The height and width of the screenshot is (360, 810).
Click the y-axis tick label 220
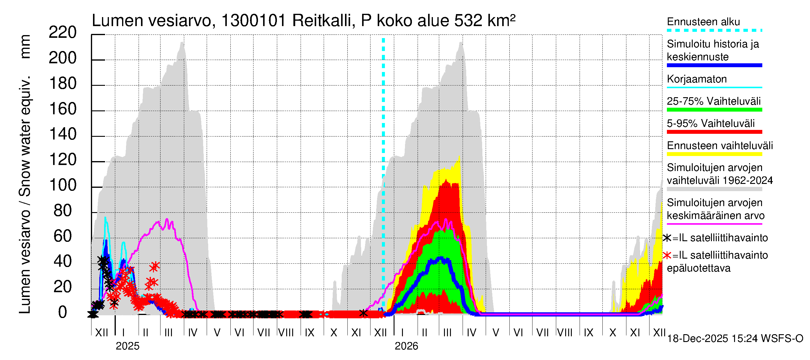tap(63, 33)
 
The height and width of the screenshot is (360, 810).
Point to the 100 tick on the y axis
tap(63, 185)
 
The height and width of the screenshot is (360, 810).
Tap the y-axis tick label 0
tap(63, 313)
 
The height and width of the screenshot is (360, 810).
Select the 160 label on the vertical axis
tap(63, 109)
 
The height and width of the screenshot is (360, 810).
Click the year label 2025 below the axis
tap(127, 346)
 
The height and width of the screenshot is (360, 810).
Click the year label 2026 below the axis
tap(406, 346)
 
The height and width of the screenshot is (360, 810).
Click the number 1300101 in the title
tap(253, 21)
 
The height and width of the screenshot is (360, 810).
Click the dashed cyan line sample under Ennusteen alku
tap(714, 31)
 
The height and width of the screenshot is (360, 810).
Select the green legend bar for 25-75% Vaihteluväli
tap(714, 110)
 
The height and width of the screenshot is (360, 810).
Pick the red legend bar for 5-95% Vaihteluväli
tap(714, 132)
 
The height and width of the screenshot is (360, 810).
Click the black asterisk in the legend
tap(667, 238)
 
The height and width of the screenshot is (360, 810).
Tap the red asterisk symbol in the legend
tap(667, 255)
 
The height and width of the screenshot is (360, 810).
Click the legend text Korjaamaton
tap(697, 79)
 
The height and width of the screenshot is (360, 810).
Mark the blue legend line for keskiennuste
tap(714, 65)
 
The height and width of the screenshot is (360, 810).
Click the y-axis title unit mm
tap(25, 46)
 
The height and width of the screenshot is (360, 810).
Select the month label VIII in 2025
tap(286, 333)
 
